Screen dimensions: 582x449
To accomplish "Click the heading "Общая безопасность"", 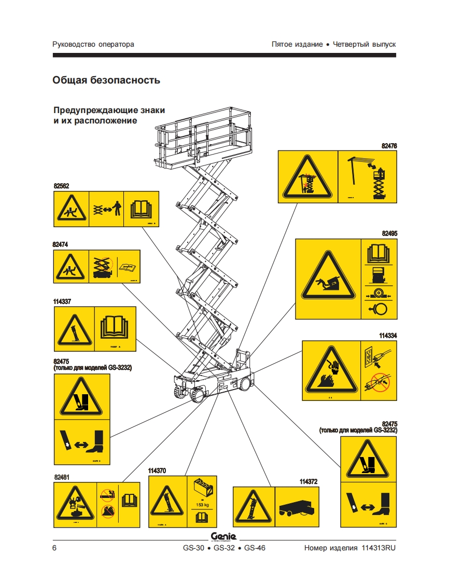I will (106, 80).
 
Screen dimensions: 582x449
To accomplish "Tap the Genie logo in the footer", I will (223, 536).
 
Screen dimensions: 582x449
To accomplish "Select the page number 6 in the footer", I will (55, 548).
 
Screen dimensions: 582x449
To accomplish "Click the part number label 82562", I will (61, 186).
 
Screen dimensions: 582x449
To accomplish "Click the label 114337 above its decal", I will (63, 301).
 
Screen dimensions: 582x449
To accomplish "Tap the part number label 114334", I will (387, 336).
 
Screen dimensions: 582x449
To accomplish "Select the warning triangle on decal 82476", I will (308, 177).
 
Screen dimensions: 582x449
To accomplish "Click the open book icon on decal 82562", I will (141, 209).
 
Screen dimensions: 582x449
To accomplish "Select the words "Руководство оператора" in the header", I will (93, 44).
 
